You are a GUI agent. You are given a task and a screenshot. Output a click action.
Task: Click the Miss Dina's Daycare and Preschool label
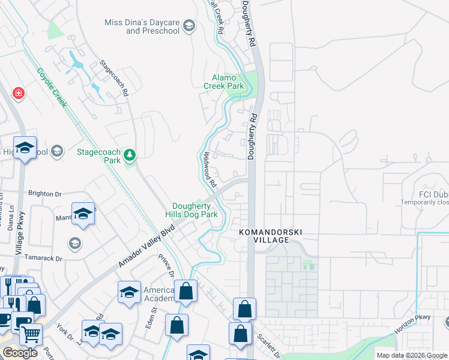(x=142, y=26)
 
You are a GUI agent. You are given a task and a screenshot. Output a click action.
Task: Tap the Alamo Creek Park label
(x=228, y=82)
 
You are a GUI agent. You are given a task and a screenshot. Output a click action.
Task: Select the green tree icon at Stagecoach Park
(x=129, y=156)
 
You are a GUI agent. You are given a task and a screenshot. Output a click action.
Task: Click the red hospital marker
(x=19, y=93)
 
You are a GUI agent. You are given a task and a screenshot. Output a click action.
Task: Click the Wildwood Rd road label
(x=208, y=168)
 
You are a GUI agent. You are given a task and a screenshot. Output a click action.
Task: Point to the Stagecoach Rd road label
(x=114, y=78)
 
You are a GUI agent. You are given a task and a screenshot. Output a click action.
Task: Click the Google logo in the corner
(x=20, y=353)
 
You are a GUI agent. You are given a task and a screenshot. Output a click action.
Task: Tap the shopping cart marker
(x=30, y=334)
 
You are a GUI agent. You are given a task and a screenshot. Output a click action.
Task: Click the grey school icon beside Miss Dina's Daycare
(x=189, y=25)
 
